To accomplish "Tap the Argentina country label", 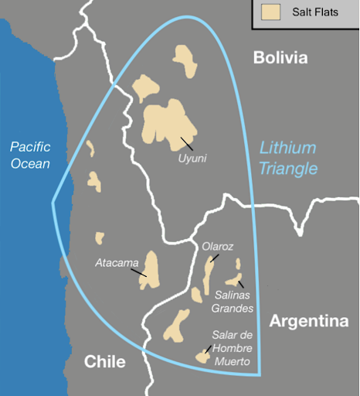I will pyautogui.click(x=309, y=322).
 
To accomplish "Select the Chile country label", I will pyautogui.click(x=104, y=361).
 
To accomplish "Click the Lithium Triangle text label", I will pyautogui.click(x=288, y=158).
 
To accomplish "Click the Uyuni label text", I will pyautogui.click(x=191, y=159).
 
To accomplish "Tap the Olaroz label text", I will pyautogui.click(x=217, y=247).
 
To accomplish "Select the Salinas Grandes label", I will pyautogui.click(x=233, y=302).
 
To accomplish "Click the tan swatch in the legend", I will pyautogui.click(x=270, y=12).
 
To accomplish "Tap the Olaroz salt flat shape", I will pyautogui.click(x=211, y=271).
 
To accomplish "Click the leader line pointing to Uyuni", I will pyautogui.click(x=185, y=143).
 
